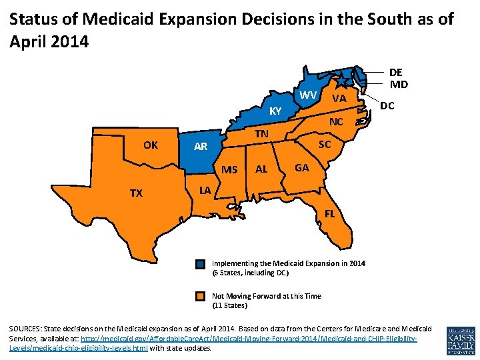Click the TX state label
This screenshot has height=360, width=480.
coord(136,193)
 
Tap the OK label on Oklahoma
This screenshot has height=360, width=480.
coord(151,145)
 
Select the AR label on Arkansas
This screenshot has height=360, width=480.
coord(201,147)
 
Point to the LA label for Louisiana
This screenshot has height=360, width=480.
coord(205,191)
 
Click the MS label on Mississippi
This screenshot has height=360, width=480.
coord(229,169)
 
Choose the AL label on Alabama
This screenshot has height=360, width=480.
coord(261,169)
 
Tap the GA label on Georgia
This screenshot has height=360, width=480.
coord(301,168)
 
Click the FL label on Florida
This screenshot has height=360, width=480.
coord(329,215)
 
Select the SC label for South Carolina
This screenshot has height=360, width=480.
coord(325,145)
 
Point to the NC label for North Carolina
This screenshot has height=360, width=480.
coord(336,122)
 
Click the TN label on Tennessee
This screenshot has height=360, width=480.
coord(261,134)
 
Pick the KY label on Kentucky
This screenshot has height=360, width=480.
coord(275,111)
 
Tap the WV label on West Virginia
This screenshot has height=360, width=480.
coord(308,95)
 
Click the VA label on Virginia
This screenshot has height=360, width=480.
coord(339,99)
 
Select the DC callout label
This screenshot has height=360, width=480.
coord(387,106)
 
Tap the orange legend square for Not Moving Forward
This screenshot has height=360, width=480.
coord(201,297)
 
